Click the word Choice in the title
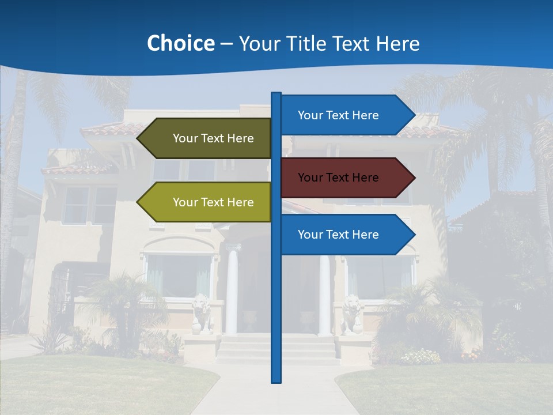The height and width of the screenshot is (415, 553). click(x=180, y=43)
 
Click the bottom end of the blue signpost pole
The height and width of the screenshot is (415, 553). click(x=276, y=380)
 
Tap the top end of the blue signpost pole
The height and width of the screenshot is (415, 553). click(x=276, y=94)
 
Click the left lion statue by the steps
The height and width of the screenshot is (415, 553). click(x=200, y=312)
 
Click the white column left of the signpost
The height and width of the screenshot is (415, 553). click(x=232, y=291)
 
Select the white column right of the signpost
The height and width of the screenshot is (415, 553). click(x=325, y=294)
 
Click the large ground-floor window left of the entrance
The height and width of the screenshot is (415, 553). click(x=179, y=275)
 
